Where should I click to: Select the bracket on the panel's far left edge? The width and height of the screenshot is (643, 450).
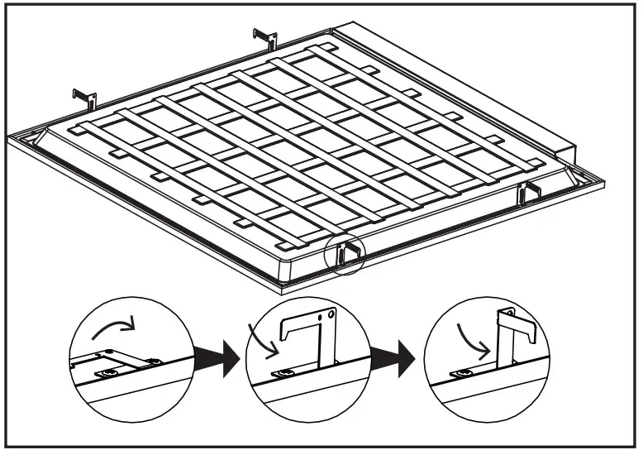pyautogui.click(x=84, y=98)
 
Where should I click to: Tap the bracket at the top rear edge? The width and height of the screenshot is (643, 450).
pyautogui.click(x=264, y=37)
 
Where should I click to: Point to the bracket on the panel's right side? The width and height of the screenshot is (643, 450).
pyautogui.click(x=527, y=192)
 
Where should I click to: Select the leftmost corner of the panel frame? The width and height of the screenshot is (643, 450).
pyautogui.click(x=10, y=135)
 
